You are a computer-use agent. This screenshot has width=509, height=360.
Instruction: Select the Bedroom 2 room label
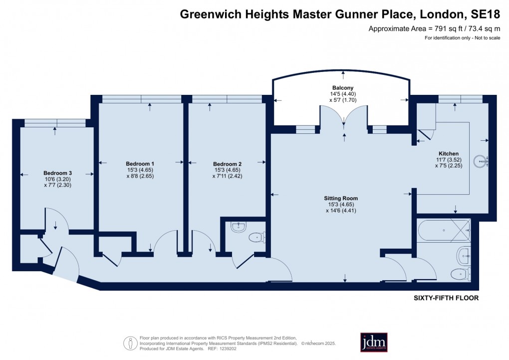227,164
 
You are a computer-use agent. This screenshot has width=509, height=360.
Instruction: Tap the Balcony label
343,88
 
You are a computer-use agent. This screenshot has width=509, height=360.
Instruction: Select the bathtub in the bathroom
443,230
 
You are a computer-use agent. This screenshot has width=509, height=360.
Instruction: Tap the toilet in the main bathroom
459,274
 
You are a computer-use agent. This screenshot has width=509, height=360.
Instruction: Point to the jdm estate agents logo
374,342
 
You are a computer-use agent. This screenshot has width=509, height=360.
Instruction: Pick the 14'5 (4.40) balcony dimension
343,94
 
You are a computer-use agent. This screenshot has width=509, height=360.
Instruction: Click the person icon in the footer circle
130,343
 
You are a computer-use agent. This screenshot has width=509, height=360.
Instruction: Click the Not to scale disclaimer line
462,38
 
